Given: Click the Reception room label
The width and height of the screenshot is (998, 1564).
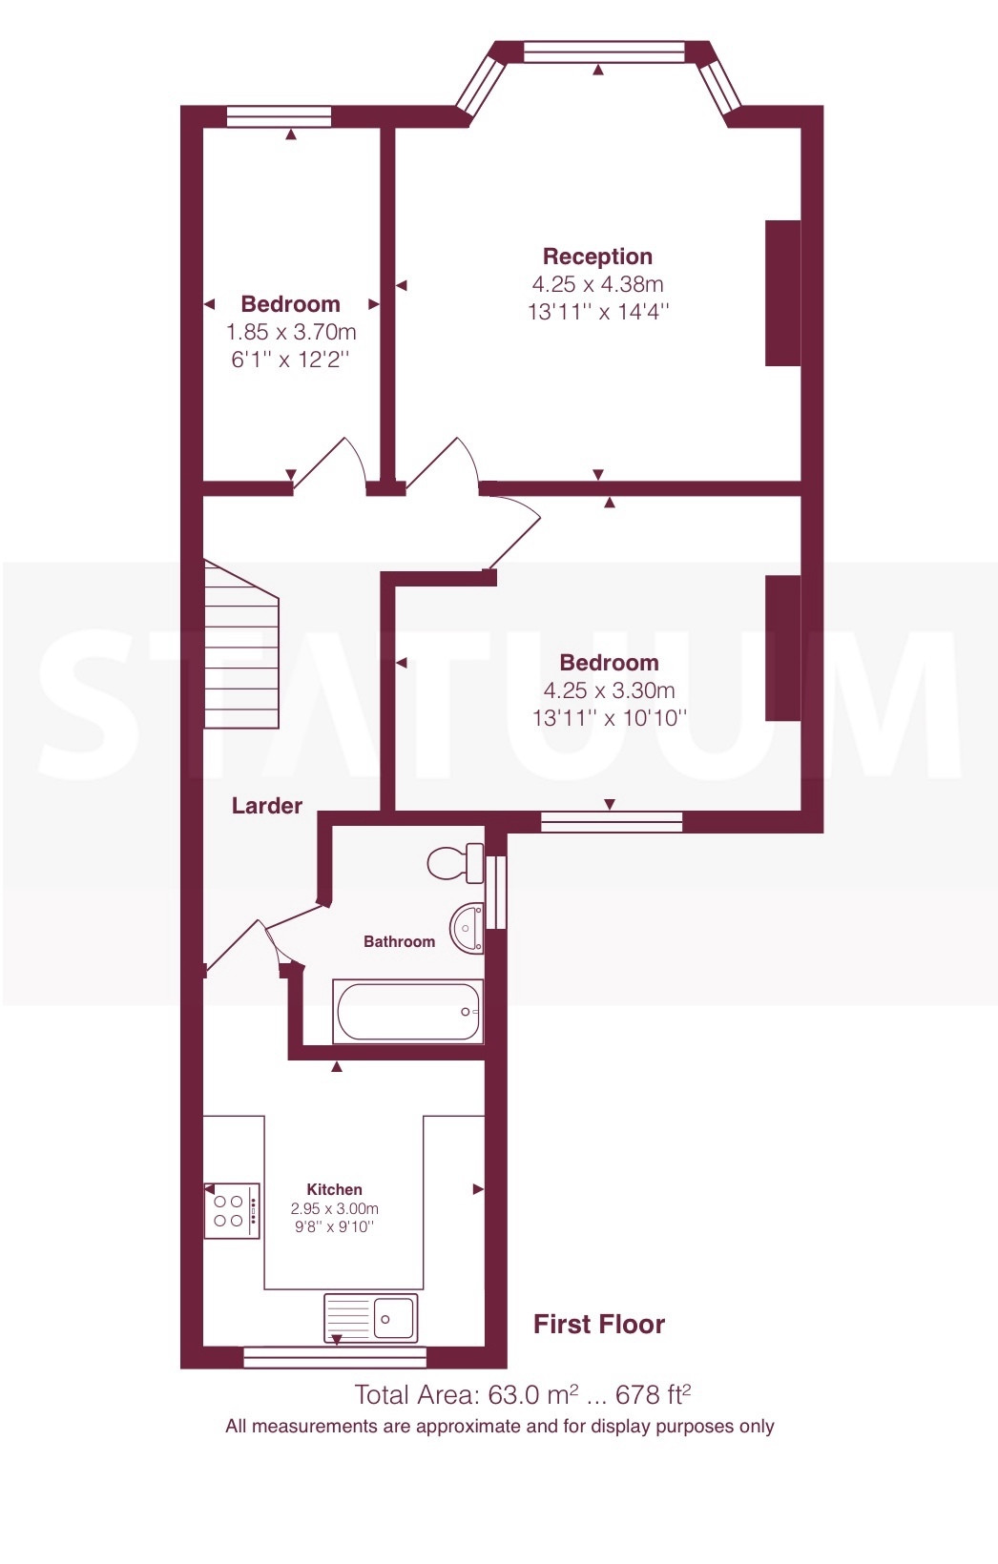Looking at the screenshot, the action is pyautogui.click(x=597, y=257).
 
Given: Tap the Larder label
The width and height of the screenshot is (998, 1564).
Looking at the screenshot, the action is pyautogui.click(x=267, y=806).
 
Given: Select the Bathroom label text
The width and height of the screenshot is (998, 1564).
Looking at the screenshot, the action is pyautogui.click(x=399, y=941).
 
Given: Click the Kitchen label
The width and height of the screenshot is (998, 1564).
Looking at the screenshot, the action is pyautogui.click(x=335, y=1189).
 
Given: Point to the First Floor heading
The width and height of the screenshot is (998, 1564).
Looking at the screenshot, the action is pyautogui.click(x=599, y=1325).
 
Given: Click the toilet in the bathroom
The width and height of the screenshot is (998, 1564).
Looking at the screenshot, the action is pyautogui.click(x=455, y=863).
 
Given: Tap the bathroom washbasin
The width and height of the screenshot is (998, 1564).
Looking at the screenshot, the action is pyautogui.click(x=467, y=927).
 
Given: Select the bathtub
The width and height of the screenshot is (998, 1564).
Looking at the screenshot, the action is pyautogui.click(x=407, y=1011).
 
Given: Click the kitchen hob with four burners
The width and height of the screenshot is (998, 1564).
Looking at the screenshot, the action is pyautogui.click(x=232, y=1211).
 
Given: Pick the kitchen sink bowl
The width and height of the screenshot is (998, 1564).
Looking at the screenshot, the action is pyautogui.click(x=393, y=1318).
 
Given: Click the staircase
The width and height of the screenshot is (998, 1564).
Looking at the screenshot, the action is pyautogui.click(x=241, y=644).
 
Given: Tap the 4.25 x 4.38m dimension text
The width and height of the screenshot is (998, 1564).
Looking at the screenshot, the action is pyautogui.click(x=598, y=284).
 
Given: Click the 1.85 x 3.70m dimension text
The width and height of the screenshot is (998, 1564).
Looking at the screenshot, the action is pyautogui.click(x=291, y=332).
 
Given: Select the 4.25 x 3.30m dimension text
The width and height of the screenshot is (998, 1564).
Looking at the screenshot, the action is pyautogui.click(x=609, y=690).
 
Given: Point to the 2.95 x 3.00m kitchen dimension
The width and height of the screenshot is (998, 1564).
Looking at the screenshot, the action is pyautogui.click(x=335, y=1208).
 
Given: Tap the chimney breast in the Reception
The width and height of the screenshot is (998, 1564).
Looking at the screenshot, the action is pyautogui.click(x=783, y=294).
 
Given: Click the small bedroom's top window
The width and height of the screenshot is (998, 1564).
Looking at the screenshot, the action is pyautogui.click(x=280, y=116).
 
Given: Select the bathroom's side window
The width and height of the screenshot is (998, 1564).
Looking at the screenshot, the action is pyautogui.click(x=496, y=893).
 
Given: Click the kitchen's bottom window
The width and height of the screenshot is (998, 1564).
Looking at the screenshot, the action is pyautogui.click(x=335, y=1357).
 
